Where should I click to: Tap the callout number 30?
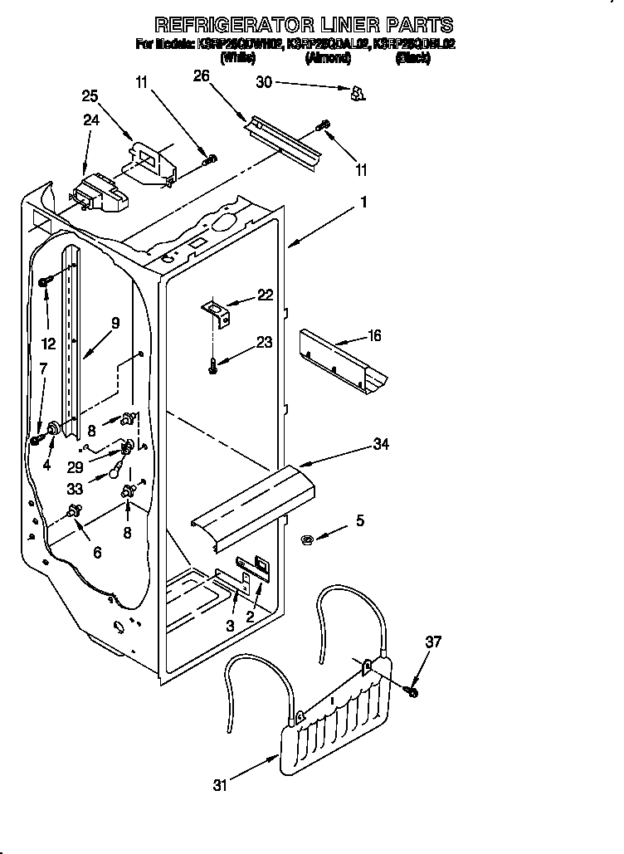click(264, 81)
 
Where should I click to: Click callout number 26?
click(201, 76)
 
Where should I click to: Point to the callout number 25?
click(90, 96)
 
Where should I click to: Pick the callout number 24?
click(90, 120)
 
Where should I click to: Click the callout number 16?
click(375, 335)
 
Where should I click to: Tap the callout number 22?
click(265, 295)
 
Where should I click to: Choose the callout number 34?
click(381, 446)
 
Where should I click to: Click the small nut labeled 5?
click(305, 540)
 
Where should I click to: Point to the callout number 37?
click(433, 642)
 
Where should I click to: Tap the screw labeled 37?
click(412, 691)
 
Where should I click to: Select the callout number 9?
click(115, 322)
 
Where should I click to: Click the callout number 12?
click(48, 344)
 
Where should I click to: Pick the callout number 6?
click(97, 552)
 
